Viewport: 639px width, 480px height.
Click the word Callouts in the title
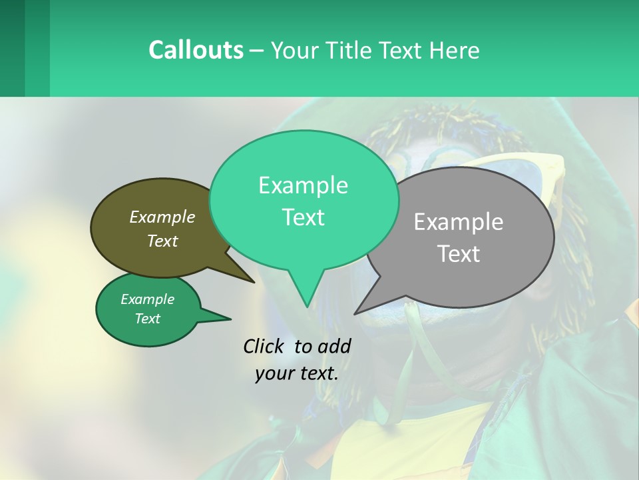196,50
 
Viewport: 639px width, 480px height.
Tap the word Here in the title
453,50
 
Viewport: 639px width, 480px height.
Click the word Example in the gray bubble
459,222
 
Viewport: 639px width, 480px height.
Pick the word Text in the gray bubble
459,254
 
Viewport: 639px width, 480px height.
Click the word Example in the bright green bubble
303,185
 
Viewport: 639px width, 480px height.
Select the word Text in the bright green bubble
303,217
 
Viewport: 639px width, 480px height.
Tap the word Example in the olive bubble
162,217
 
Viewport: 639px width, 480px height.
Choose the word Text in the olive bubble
162,241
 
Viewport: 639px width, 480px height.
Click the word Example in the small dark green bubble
147,299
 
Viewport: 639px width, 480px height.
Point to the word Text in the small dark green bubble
147,319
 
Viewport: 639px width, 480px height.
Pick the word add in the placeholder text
335,346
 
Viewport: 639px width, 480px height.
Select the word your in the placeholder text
274,373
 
